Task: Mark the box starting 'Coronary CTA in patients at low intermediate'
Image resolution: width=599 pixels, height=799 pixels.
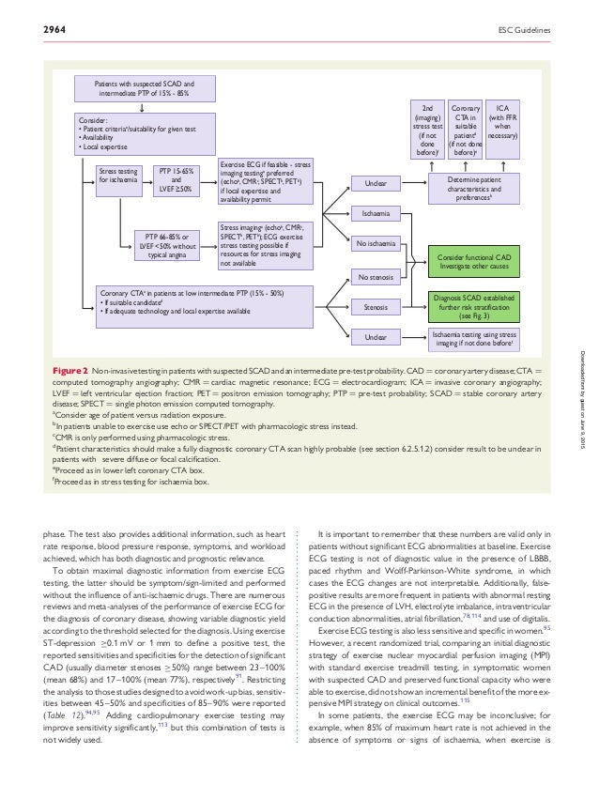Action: tap(203, 301)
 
